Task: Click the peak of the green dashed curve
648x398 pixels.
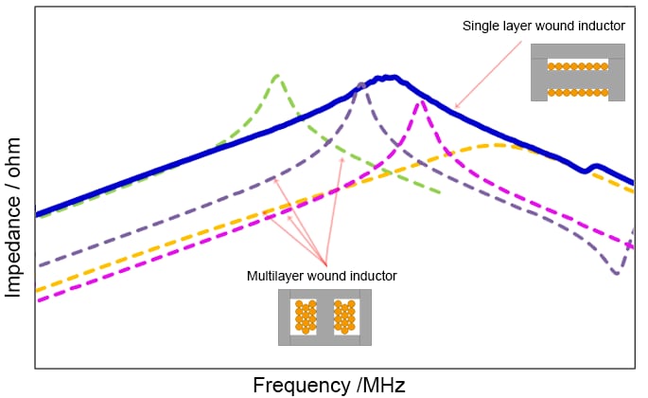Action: pos(275,75)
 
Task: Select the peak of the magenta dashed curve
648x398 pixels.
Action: pos(420,100)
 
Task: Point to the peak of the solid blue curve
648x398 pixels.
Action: pos(387,77)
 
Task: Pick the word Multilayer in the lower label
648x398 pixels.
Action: pos(277,276)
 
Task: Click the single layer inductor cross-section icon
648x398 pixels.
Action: pos(577,73)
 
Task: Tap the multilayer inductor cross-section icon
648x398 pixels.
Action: pos(324,317)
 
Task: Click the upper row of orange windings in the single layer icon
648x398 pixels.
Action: pos(577,66)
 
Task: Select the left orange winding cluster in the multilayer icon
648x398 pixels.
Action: pos(306,317)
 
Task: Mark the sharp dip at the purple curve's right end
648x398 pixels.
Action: pos(617,273)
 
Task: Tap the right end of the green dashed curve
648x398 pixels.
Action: pos(441,193)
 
